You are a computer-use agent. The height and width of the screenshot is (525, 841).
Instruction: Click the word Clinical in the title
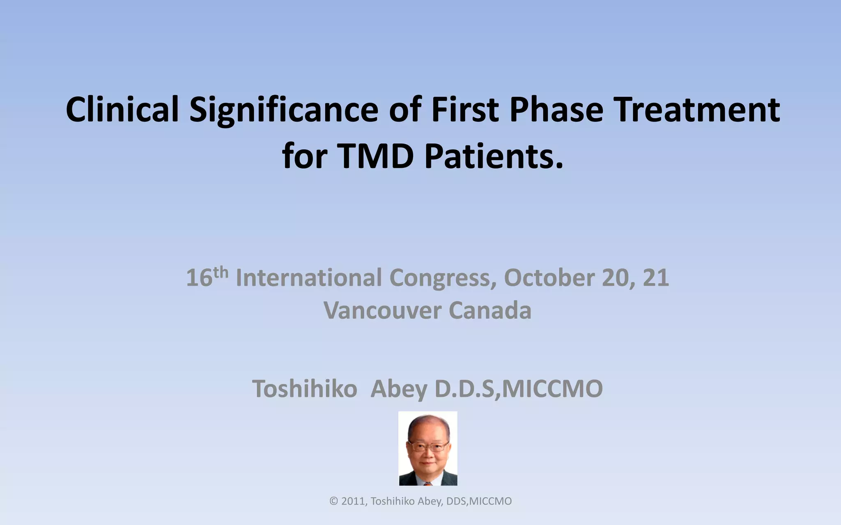122,110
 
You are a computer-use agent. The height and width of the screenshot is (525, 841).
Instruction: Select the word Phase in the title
556,110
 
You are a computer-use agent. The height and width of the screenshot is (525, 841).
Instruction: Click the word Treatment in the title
698,110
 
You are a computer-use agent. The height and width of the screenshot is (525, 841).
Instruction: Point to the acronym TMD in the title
376,156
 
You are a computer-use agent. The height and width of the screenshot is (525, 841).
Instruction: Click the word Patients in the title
493,156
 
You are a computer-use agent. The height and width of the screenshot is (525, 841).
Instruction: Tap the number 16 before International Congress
199,278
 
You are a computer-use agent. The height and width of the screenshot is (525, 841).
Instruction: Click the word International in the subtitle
309,278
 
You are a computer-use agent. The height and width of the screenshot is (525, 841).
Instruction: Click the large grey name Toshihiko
304,389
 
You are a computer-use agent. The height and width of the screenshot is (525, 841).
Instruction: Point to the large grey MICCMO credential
552,389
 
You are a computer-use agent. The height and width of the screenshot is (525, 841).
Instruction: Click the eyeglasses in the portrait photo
427,446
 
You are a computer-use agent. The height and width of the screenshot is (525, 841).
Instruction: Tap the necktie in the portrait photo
428,484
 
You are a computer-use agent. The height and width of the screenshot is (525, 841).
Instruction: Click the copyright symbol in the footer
333,501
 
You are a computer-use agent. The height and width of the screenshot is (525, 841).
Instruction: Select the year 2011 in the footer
353,501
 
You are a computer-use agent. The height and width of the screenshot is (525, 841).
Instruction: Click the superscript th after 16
221,272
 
